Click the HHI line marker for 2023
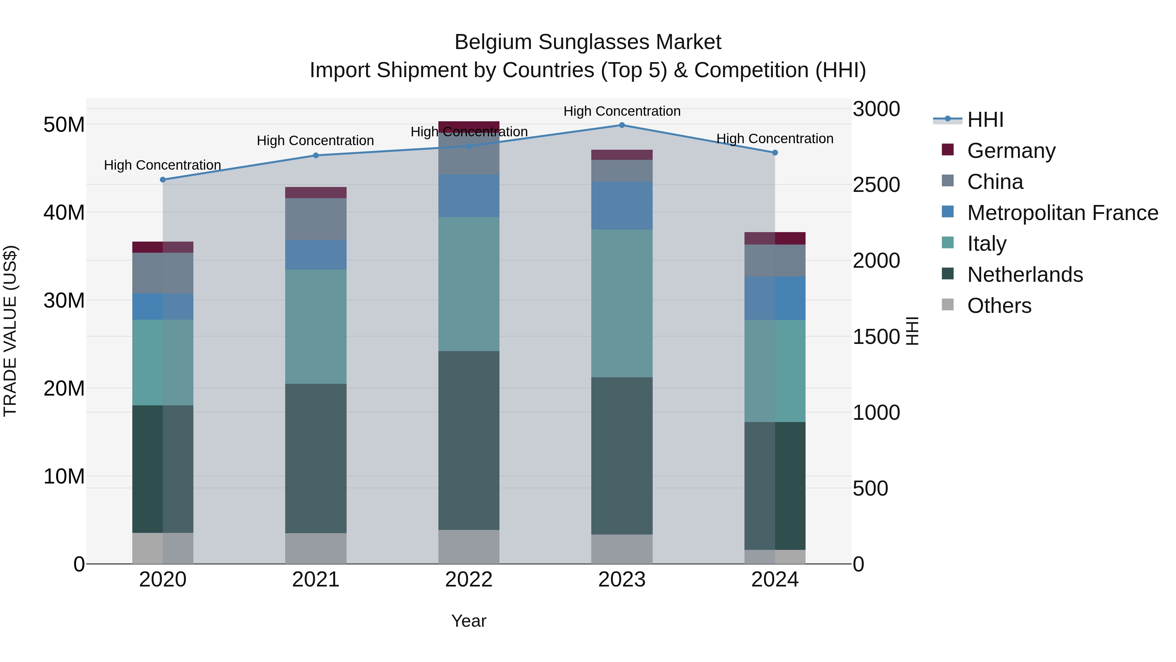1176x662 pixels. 621,125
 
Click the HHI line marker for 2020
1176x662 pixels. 163,179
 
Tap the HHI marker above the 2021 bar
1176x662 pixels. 316,155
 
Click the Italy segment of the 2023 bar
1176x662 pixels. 621,303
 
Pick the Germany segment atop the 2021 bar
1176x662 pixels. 316,192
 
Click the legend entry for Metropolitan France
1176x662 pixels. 1062,213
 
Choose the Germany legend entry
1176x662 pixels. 1011,151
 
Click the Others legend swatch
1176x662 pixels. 948,305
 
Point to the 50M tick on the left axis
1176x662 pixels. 64,125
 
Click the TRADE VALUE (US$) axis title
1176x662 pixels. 10,331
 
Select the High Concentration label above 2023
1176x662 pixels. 621,111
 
